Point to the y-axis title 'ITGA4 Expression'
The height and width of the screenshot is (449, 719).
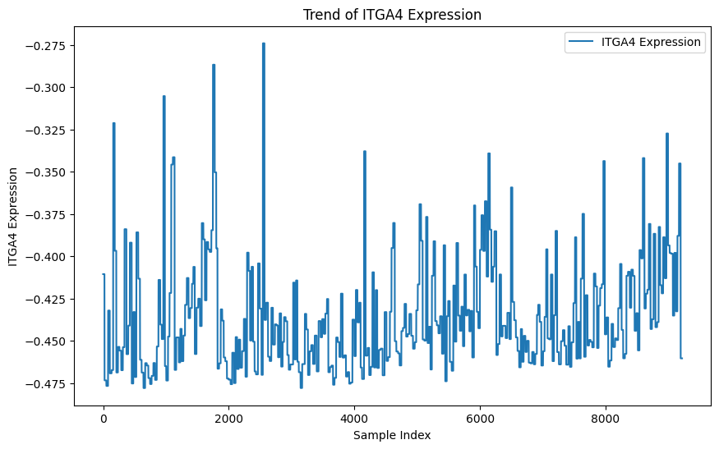pos(14,216)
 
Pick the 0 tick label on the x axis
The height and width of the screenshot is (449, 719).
pos(104,418)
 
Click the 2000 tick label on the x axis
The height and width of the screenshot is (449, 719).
pos(228,418)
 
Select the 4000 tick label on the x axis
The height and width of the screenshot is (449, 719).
pos(354,418)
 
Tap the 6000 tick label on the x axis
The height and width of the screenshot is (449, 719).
pos(480,418)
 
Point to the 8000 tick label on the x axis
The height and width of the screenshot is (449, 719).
pos(606,418)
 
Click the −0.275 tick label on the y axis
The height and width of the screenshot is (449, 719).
pos(47,45)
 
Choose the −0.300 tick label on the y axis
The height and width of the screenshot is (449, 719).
pos(47,88)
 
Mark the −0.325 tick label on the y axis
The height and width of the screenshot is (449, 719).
pos(47,130)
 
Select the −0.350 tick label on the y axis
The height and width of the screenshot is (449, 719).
pos(47,172)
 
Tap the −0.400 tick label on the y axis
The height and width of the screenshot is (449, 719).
pos(47,257)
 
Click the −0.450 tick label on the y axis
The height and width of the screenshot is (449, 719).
pos(47,341)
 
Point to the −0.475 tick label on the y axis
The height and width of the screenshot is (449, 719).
pos(47,383)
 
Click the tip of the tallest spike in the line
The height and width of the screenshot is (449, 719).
pos(264,44)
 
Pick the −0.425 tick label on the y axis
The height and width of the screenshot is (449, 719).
pos(47,299)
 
